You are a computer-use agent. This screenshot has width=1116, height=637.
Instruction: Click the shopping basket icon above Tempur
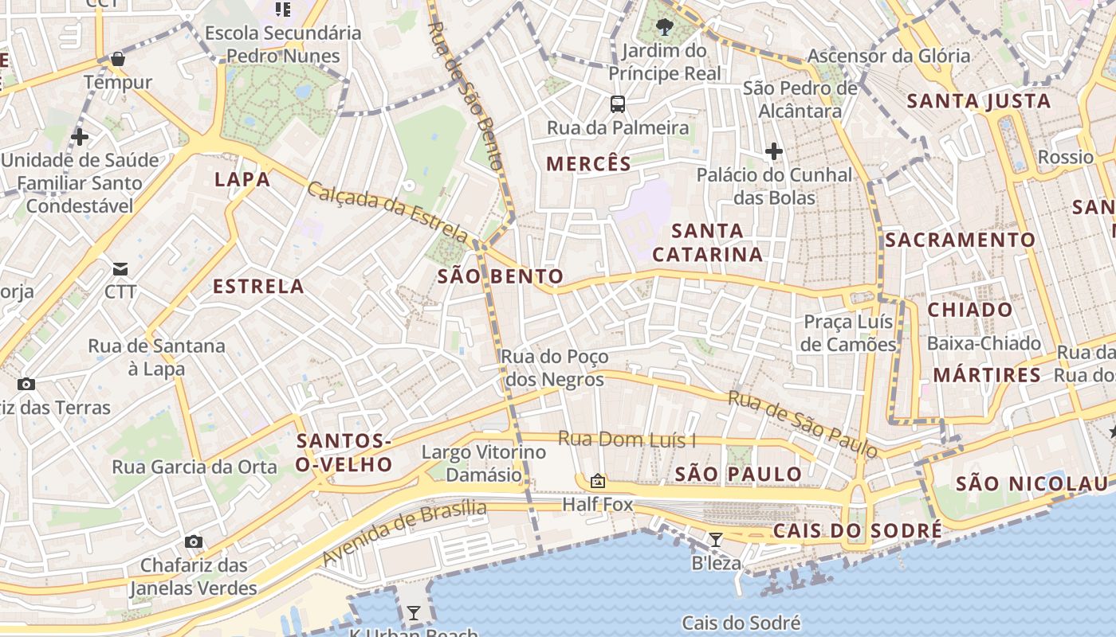point(118,59)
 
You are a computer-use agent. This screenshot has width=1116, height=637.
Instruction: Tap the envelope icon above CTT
point(120,269)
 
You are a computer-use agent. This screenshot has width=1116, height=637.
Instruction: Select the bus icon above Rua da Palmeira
point(618,104)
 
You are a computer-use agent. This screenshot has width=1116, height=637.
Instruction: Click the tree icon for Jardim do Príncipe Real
point(664,28)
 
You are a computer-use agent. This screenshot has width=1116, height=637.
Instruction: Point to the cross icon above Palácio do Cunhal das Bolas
point(773,150)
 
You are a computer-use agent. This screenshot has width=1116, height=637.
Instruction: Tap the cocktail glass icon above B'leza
point(716,540)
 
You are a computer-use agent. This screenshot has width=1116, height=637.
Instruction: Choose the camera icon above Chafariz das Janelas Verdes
point(193,542)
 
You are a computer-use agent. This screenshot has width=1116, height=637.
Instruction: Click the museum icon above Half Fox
point(597,481)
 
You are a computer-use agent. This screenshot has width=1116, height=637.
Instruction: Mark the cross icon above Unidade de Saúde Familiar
point(79,137)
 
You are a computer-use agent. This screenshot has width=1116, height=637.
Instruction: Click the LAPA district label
point(242,180)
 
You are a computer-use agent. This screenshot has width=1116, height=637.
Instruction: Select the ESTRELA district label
point(258,287)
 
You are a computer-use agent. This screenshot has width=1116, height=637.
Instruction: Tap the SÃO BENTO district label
point(501,277)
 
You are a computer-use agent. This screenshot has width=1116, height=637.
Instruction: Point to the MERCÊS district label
point(588,165)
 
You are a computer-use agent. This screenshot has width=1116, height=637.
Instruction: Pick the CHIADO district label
point(970,310)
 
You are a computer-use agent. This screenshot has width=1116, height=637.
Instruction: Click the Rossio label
point(1066,157)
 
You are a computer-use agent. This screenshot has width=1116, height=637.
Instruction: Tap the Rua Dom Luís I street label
point(627,439)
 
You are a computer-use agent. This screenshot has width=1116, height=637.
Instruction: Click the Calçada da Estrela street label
point(387,211)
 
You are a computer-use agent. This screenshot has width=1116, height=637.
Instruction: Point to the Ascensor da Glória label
point(889,56)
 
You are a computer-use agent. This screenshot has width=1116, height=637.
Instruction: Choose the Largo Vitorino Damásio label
point(484,463)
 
